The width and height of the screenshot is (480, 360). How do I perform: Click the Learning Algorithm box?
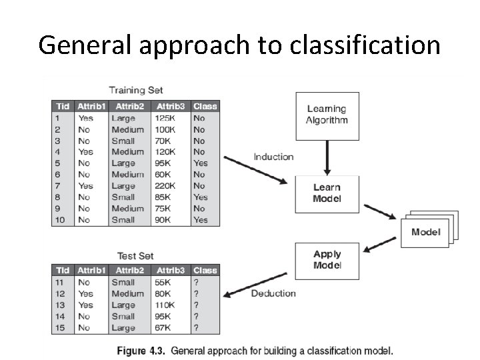pos(327,115)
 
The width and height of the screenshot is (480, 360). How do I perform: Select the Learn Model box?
pos(327,193)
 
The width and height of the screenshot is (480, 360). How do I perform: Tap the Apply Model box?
pos(327,260)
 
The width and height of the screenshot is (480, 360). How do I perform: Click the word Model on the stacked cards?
pos(425,232)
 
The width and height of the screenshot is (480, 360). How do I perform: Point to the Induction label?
pos(273,157)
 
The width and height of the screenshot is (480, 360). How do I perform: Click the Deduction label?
pos(273,293)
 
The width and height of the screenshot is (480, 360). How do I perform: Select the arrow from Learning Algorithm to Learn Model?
pos(327,158)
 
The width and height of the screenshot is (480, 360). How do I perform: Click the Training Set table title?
pos(136,90)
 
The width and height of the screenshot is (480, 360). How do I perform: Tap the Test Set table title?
pos(135,256)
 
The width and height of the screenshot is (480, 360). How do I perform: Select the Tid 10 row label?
pos(60,220)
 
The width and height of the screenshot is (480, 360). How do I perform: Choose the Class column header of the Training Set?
pos(205,106)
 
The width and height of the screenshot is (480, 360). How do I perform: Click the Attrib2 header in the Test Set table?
pos(130,271)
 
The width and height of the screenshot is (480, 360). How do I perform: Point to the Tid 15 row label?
pos(60,328)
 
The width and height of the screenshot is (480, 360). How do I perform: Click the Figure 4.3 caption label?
pos(142,351)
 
